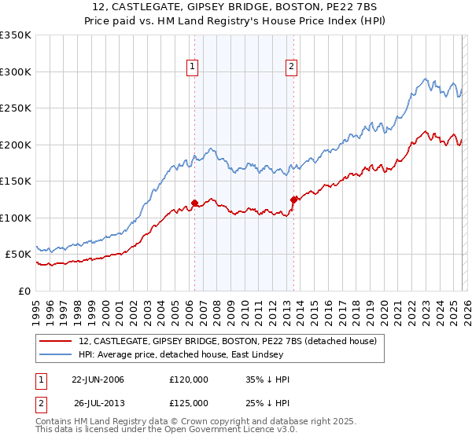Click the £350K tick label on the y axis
pyautogui.click(x=16, y=35)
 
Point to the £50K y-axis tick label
pyautogui.click(x=18, y=255)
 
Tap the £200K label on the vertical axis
pyautogui.click(x=16, y=145)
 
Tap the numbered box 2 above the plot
pyautogui.click(x=292, y=68)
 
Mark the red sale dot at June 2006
pyautogui.click(x=194, y=203)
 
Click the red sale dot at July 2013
pyautogui.click(x=293, y=199)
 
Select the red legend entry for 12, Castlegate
pyautogui.click(x=228, y=341)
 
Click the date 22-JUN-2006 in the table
pyautogui.click(x=98, y=379)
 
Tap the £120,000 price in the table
pyautogui.click(x=189, y=379)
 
